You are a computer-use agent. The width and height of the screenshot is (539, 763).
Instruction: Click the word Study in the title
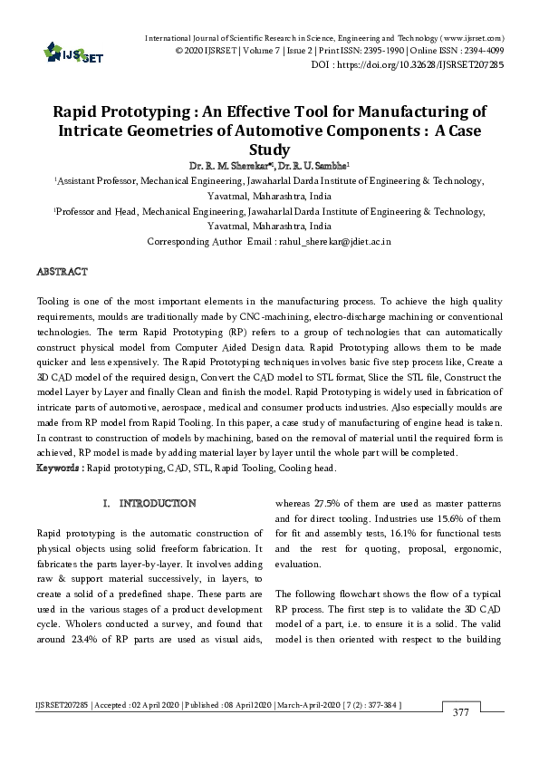point(269,150)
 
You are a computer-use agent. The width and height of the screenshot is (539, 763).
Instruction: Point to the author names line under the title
point(269,167)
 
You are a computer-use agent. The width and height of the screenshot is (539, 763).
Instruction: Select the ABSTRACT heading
point(62,272)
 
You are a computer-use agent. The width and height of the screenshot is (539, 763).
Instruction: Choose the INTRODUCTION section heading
point(159,503)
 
